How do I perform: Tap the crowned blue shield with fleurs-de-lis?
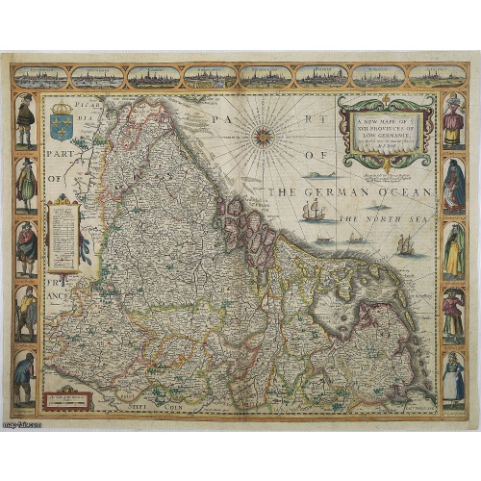click(61, 123)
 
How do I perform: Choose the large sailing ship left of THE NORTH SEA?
click(315, 210)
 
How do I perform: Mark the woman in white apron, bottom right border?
click(453, 377)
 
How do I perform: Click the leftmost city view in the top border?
click(41, 76)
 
